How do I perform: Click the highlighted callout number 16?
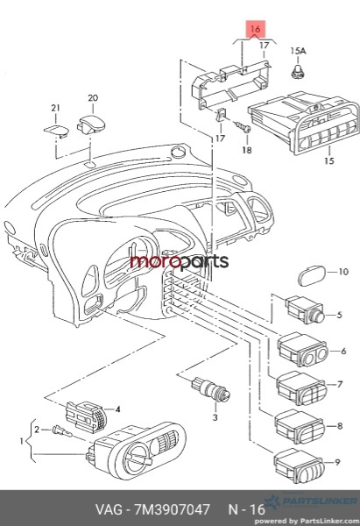[256, 29]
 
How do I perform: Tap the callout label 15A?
[298, 51]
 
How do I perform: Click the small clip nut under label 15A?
[297, 72]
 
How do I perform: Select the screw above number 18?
[243, 126]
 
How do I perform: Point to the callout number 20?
[93, 98]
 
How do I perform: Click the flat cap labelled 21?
[56, 131]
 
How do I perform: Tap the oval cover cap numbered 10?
[312, 276]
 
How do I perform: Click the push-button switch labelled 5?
[305, 310]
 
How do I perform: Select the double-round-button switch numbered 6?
[302, 349]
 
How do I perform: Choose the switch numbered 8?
[300, 427]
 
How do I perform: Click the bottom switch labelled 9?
[299, 466]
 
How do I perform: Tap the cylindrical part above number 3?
[210, 389]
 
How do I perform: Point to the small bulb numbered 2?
[62, 431]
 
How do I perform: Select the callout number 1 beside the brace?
[22, 440]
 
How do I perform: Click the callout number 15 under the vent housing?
[329, 160]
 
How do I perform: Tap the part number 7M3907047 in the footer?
[172, 509]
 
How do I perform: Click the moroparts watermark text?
[180, 261]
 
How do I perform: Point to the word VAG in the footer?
[109, 509]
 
